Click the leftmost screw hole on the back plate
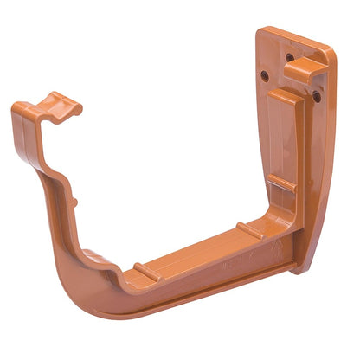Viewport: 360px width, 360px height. tap(265, 75)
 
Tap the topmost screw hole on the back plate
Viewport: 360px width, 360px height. tap(290, 58)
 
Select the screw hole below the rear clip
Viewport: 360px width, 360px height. tap(317, 96)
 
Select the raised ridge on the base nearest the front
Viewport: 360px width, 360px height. tap(147, 270)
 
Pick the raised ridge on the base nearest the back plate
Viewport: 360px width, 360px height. tap(250, 230)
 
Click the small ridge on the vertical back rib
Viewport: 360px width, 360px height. tap(281, 183)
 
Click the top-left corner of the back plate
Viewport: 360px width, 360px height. tap(259, 32)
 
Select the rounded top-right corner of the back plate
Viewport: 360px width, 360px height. tap(329, 54)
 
